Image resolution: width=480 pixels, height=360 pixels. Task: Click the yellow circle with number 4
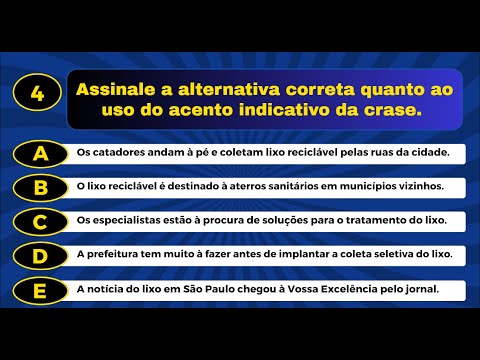pos(37,95)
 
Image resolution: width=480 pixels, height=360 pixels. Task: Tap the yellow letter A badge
pos(41,153)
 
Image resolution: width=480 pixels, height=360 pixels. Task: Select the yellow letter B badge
pos(41,187)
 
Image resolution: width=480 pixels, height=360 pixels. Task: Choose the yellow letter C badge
pos(41,221)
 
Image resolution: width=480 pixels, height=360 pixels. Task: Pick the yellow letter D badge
pos(41,255)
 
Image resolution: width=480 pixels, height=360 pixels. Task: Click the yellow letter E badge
pos(41,290)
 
